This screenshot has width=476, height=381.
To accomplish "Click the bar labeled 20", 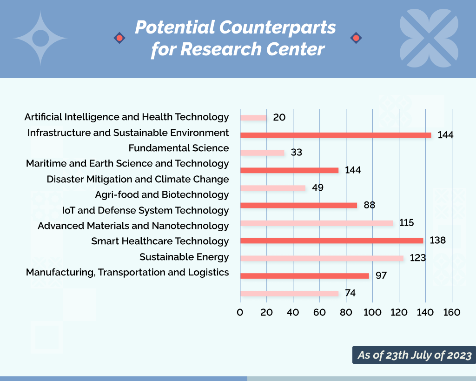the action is point(253,118).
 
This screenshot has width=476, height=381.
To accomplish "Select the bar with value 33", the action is point(262,153).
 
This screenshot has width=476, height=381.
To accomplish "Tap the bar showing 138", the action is point(332,241).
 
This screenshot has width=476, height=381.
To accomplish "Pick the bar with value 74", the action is point(289,294).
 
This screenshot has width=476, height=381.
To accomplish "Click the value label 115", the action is point(406,223).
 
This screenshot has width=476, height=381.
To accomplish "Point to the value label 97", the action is point(381,275).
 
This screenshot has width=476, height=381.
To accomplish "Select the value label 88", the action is point(370,205).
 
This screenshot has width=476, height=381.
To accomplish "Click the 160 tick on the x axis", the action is point(452,312).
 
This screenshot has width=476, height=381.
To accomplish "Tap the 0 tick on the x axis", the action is point(240,312).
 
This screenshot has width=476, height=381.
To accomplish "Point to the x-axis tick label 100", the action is point(372,312).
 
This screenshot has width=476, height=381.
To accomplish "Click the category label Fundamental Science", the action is point(178,148).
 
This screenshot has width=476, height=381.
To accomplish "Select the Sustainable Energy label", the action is point(184,257).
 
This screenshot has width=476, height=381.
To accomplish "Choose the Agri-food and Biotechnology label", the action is point(162,194).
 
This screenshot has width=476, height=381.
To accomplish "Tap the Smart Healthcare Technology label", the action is point(160,241).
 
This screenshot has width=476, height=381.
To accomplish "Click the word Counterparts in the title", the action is point(277,27).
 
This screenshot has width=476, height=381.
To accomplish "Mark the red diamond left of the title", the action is point(119,38).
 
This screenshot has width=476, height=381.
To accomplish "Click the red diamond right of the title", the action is point(356,38).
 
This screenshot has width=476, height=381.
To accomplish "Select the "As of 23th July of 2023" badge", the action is point(414,355).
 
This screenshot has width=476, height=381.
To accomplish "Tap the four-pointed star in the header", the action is point(40,38).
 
